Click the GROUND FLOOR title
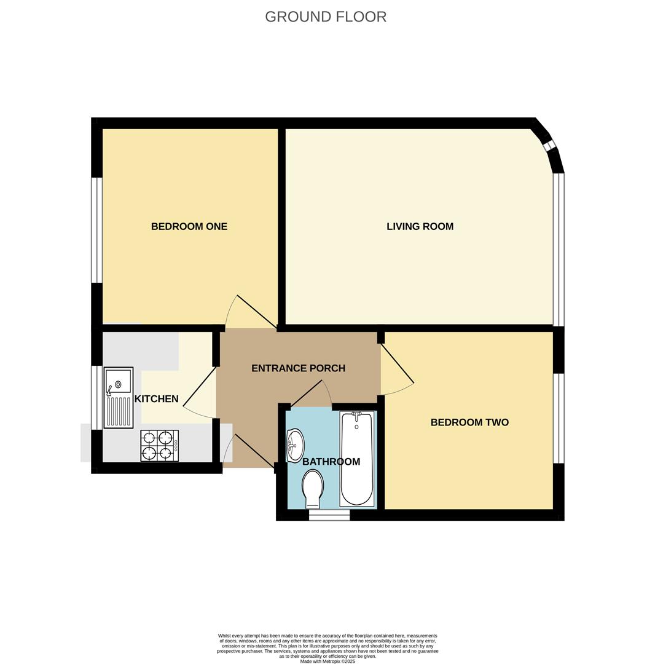pos(326,17)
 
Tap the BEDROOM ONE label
pos(189,226)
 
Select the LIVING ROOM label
pos(420,226)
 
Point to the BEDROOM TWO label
pos(469,422)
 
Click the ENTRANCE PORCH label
pos(298,368)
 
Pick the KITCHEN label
pos(156,399)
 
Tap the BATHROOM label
pos(331,462)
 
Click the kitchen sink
pos(119,397)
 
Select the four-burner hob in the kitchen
pos(159,446)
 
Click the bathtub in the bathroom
pos(356,459)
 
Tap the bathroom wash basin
pos(296,445)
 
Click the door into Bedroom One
pos(256,311)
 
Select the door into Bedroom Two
pos(397,364)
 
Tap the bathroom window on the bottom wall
pos(329,515)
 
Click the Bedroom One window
pos(96,230)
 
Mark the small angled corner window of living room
pos(550,146)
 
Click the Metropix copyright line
pos(327,661)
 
